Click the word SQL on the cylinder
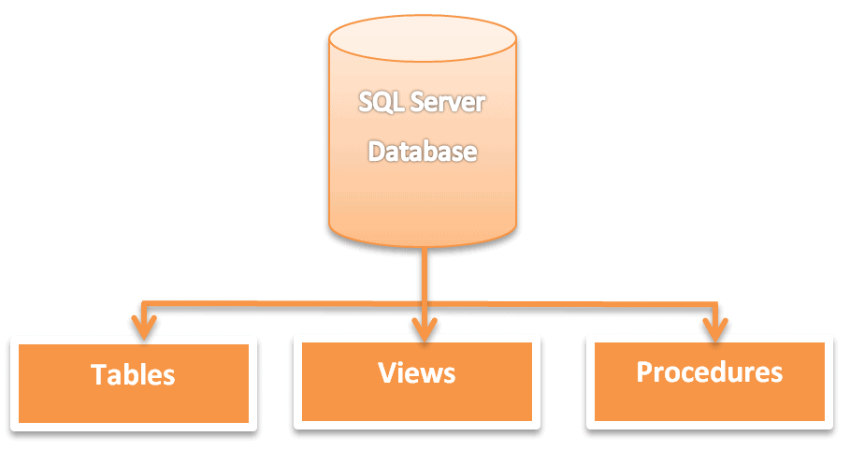coord(382,102)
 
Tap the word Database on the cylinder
coord(422,151)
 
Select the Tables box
coord(133,383)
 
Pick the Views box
coord(417,381)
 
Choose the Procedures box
coord(710,381)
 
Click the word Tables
coord(133,375)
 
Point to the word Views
coord(417,373)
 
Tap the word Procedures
coord(710,372)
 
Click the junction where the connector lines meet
coord(425,302)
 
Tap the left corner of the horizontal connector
coord(143,302)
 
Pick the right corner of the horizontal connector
coord(716,303)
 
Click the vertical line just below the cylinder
coord(425,271)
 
